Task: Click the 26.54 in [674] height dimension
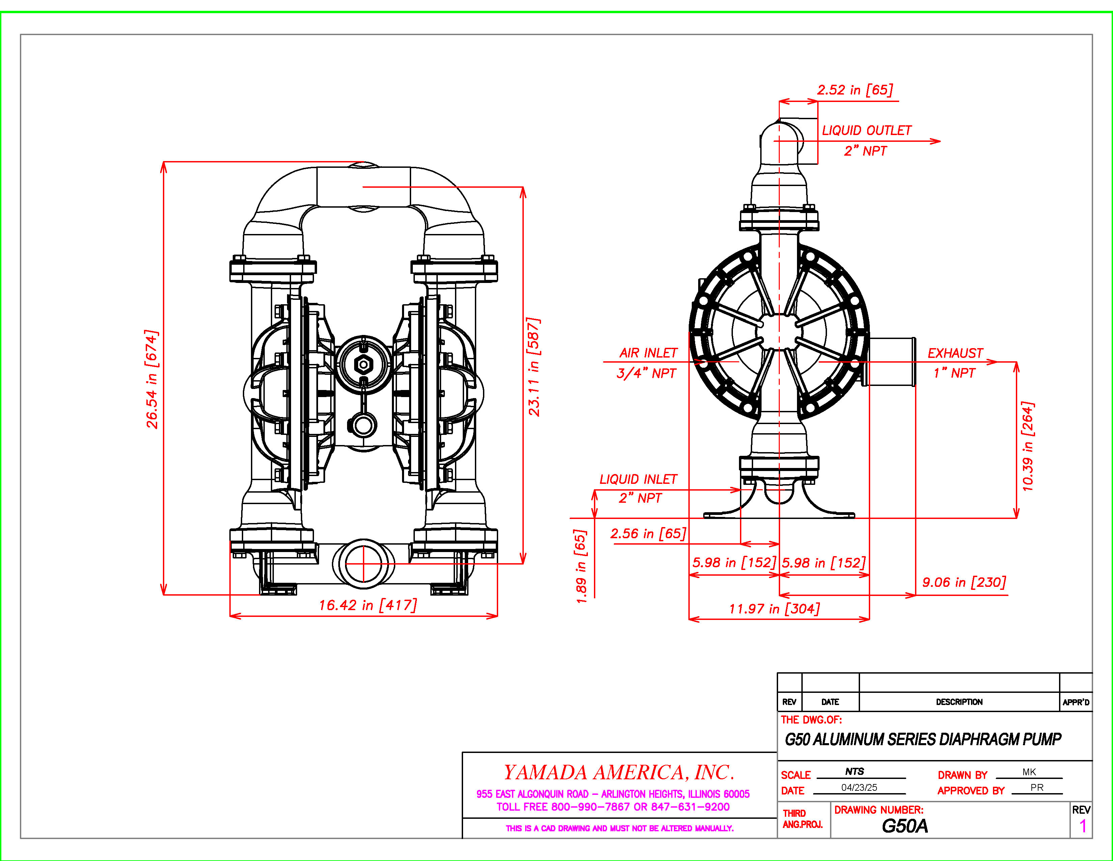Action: point(152,379)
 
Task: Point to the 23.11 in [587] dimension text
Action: point(534,367)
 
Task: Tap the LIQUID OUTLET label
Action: point(866,131)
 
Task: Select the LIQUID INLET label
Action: point(638,479)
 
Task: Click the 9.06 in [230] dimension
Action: point(964,582)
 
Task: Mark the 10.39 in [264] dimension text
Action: point(1028,446)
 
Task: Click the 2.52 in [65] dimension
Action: point(855,90)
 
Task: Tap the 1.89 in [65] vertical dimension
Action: point(581,566)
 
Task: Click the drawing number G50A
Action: point(905,826)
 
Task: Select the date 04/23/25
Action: point(859,787)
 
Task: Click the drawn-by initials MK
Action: point(1029,772)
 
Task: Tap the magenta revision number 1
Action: point(1083,826)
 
